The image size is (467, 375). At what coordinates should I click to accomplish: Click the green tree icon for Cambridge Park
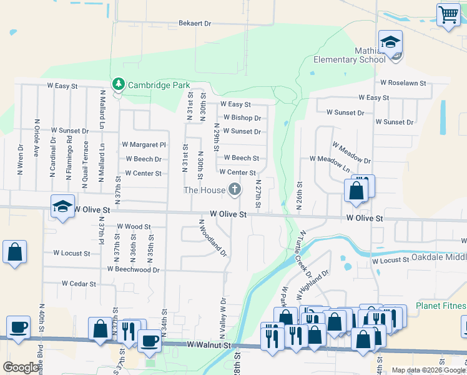(x=117, y=84)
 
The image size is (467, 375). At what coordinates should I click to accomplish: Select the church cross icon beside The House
(x=235, y=189)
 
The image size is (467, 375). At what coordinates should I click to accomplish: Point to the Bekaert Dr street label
(x=195, y=23)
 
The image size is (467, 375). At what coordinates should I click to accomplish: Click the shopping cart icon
(x=448, y=14)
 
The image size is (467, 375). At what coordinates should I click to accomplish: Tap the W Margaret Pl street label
(x=144, y=144)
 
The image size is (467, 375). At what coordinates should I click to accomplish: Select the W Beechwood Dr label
(x=134, y=269)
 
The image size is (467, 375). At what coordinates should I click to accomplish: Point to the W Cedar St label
(x=79, y=284)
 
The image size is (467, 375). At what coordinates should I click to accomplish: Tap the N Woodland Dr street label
(x=212, y=238)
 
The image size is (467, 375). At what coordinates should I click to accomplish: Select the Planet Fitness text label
(x=441, y=306)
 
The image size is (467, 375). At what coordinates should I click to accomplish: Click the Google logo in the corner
(x=21, y=367)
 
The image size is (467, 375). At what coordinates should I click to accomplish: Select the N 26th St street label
(x=300, y=197)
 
